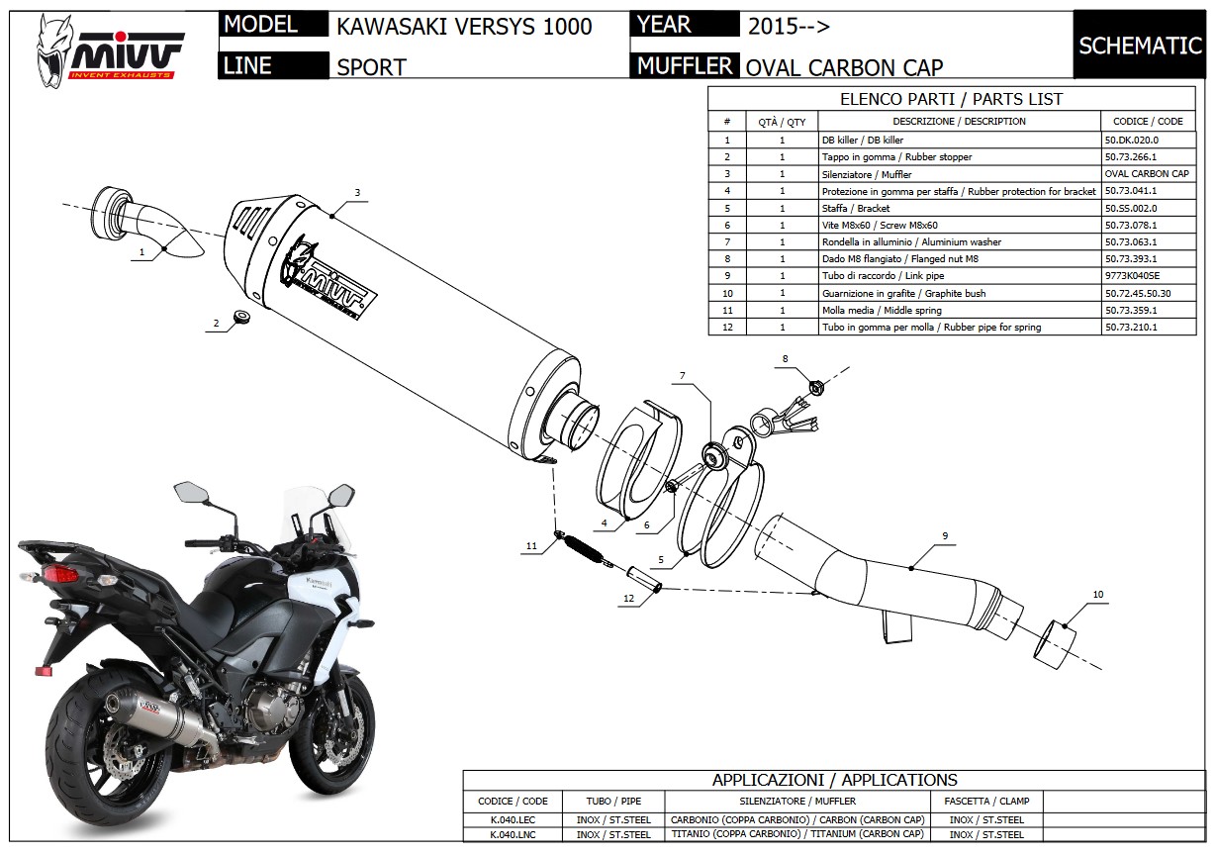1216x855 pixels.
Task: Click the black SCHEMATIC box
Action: (x=1139, y=46)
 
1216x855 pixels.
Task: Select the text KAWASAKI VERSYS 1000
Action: (x=464, y=27)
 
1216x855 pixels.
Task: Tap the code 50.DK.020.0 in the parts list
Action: (x=1131, y=141)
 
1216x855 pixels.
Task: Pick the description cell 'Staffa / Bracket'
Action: (x=856, y=208)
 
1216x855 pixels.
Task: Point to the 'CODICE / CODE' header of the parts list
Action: (x=1148, y=122)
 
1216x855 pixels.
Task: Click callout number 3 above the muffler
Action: (x=357, y=192)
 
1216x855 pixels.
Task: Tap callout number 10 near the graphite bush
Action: (x=1097, y=595)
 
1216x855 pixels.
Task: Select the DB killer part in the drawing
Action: (x=148, y=223)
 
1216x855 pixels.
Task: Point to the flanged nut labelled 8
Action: (x=816, y=386)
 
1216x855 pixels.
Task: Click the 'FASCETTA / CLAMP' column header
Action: (x=986, y=801)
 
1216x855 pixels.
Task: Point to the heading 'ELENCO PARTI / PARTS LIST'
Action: (x=951, y=99)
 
